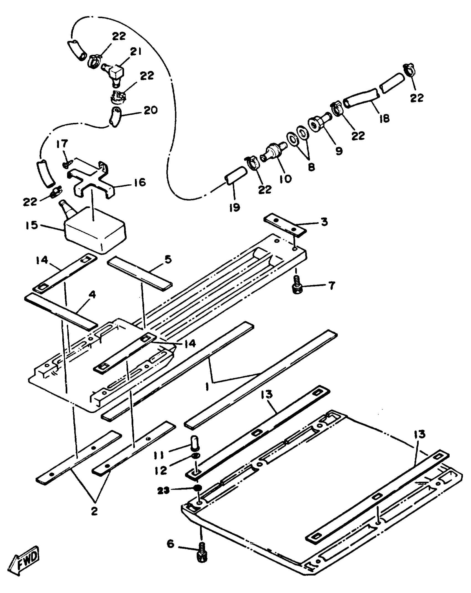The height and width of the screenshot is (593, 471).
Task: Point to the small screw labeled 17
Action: click(x=66, y=165)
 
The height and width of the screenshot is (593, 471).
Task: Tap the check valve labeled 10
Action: click(x=273, y=152)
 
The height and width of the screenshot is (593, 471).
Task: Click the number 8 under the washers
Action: click(x=311, y=167)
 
